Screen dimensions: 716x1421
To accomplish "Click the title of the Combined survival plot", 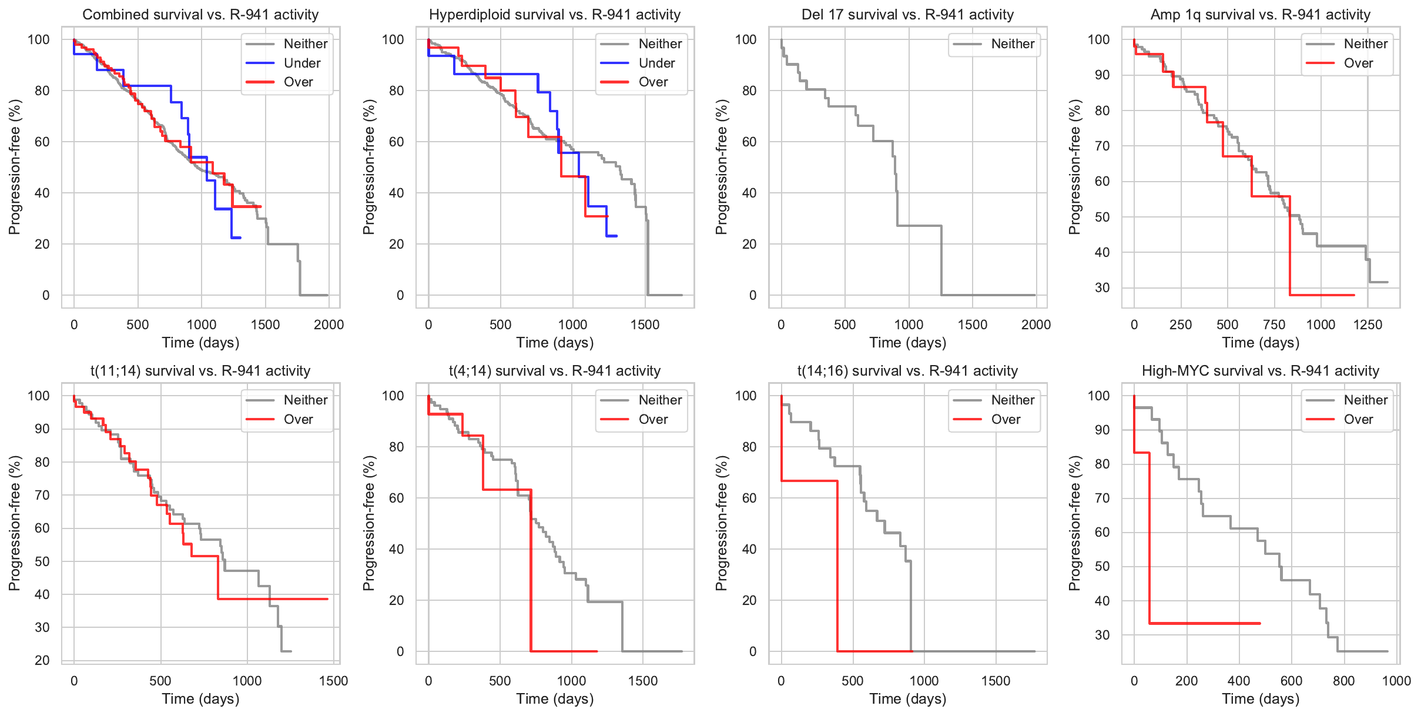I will pos(200,15).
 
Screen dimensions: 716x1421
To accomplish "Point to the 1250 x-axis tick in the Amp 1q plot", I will pos(1368,324).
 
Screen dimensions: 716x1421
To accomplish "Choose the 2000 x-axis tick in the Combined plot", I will pos(329,324).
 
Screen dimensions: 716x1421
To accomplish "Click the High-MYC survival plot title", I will pos(1260,371).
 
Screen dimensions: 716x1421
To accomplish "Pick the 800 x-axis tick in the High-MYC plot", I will pos(1343,681).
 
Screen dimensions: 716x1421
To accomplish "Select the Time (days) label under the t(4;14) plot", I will pos(555,699).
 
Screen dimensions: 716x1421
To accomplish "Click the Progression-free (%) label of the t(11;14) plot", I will pos(15,523).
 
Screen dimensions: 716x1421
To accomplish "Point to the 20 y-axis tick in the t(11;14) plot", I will pos(42,660).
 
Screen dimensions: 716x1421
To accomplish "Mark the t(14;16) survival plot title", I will pos(907,371).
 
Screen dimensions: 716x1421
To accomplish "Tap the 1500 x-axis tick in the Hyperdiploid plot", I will pos(645,324).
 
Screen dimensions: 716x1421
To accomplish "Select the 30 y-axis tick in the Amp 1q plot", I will pos(1102,287).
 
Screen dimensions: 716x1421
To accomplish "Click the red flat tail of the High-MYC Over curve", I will pos(1205,623).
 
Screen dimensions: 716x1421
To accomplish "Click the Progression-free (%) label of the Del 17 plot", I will pos(721,167).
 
